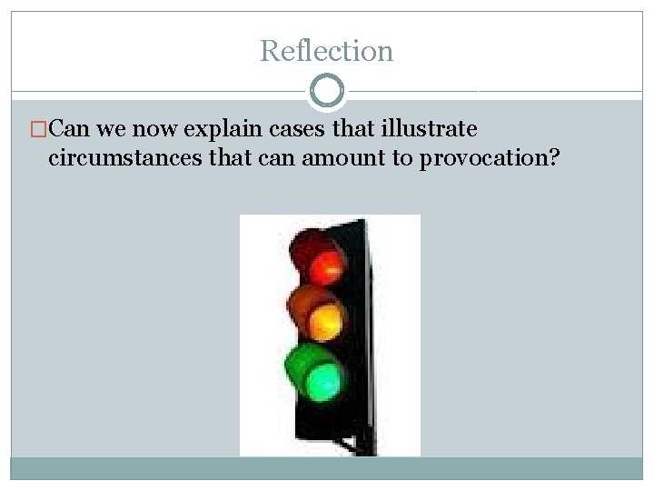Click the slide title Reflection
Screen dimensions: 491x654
click(x=326, y=51)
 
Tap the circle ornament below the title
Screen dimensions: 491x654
click(x=327, y=91)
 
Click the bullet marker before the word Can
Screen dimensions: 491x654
click(x=37, y=128)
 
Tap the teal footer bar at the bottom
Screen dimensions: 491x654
click(x=327, y=468)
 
